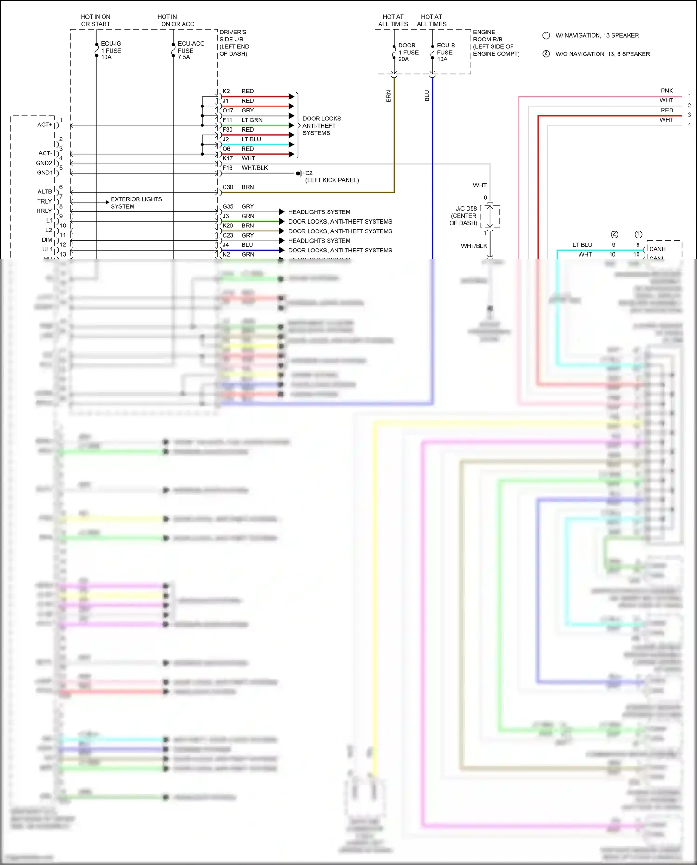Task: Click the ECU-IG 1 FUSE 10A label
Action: [x=111, y=50]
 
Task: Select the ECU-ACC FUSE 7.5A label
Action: [x=191, y=50]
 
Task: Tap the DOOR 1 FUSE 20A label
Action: [x=408, y=53]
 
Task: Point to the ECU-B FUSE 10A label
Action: [x=446, y=53]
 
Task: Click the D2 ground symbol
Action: [x=300, y=173]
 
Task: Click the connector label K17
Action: [x=228, y=158]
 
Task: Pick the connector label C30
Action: [x=228, y=187]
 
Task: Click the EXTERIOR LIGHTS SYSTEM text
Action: [x=136, y=203]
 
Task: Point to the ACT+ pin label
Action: [x=45, y=125]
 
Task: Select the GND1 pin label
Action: [x=45, y=172]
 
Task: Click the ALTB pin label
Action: [x=45, y=191]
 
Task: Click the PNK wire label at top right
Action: [x=667, y=91]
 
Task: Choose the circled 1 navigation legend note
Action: [x=546, y=35]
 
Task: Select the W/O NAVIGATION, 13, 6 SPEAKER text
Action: [x=602, y=54]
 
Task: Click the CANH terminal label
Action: [x=658, y=249]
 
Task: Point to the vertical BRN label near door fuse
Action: [x=388, y=96]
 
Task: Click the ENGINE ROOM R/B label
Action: [x=495, y=43]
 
